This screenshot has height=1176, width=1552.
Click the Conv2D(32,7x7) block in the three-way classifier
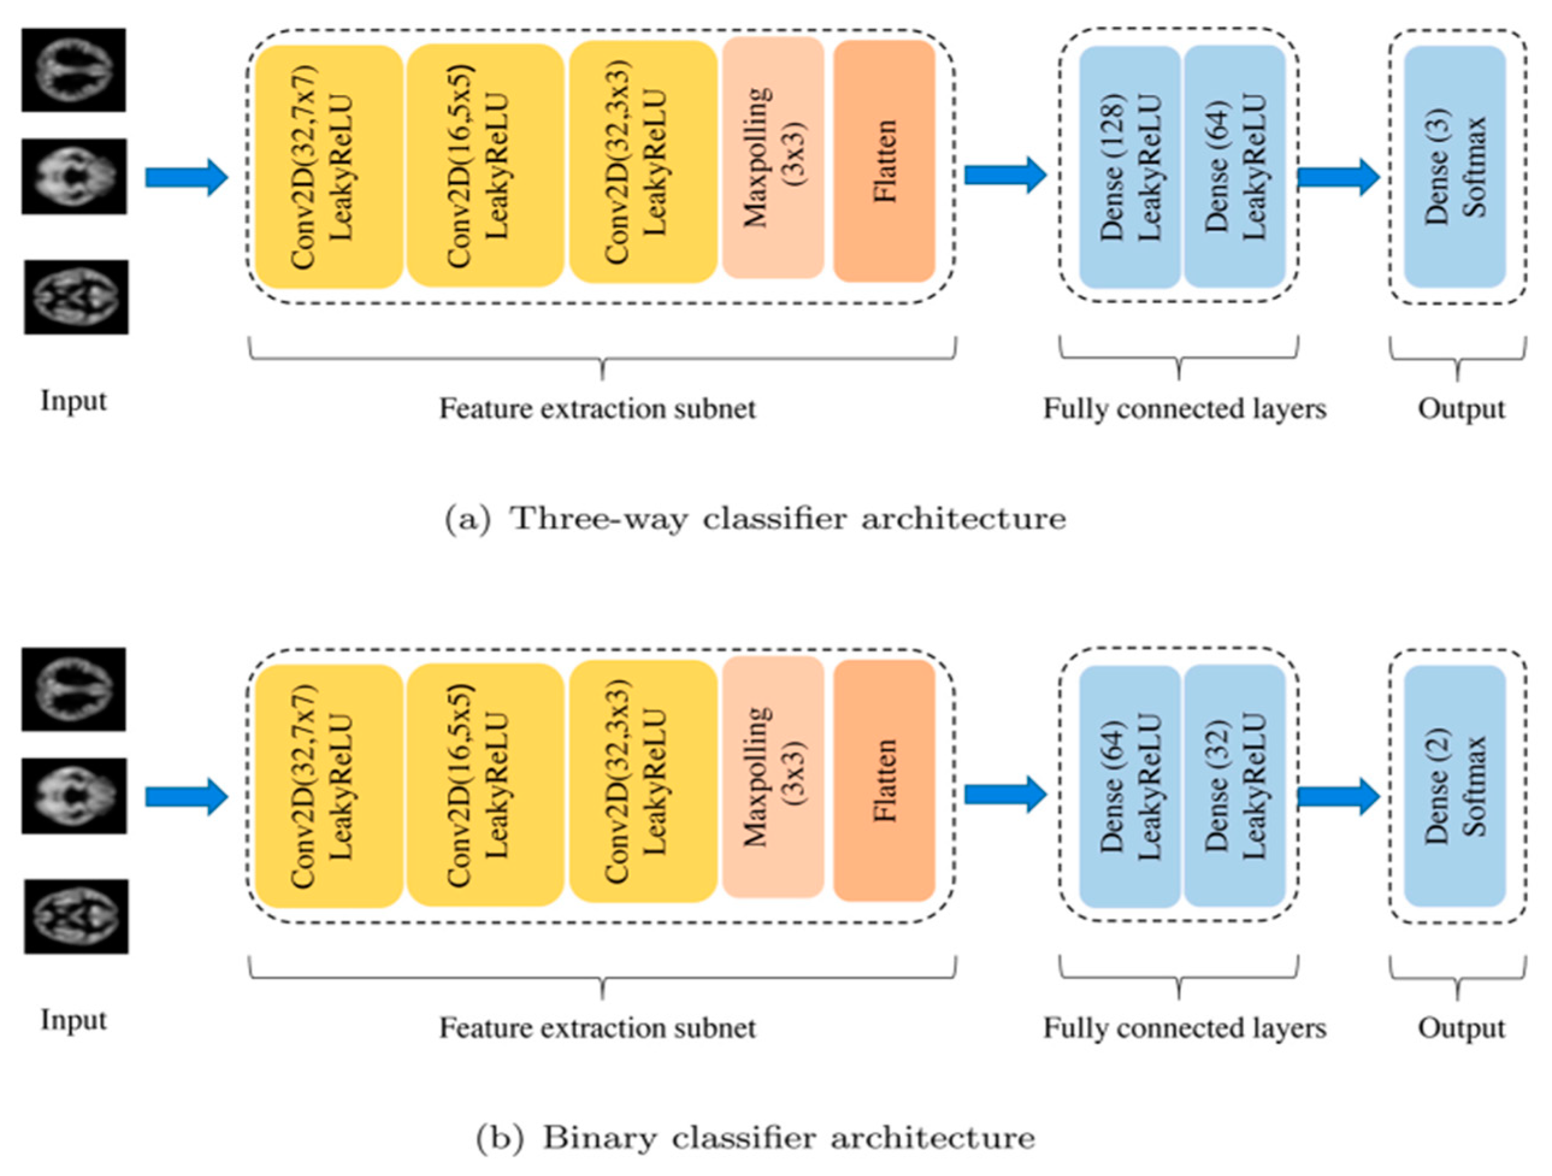coord(329,166)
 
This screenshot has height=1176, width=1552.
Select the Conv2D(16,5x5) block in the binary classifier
coord(485,784)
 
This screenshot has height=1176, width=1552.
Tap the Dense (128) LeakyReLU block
coord(1130,167)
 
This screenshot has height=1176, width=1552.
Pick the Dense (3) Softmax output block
coord(1455,167)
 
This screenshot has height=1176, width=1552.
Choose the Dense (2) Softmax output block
coord(1455,786)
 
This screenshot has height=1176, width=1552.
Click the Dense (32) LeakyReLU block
coord(1235,786)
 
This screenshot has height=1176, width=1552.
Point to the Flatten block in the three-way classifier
coord(884,161)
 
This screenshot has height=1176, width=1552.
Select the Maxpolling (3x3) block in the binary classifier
coord(773,777)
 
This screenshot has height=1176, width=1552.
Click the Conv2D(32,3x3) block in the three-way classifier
coord(643,161)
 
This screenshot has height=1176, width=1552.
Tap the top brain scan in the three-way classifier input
coord(73,69)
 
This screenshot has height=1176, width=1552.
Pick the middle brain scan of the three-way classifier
coord(75,176)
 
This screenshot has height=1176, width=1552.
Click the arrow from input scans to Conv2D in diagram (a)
coord(187,178)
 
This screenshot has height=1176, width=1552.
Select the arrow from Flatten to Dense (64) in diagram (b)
coord(1006,794)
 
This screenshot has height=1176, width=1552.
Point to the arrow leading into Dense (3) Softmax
coord(1339,177)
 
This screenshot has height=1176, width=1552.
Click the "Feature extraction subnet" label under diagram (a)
coord(598,409)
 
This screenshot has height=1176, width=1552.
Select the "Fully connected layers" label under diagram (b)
coord(1185,1029)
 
